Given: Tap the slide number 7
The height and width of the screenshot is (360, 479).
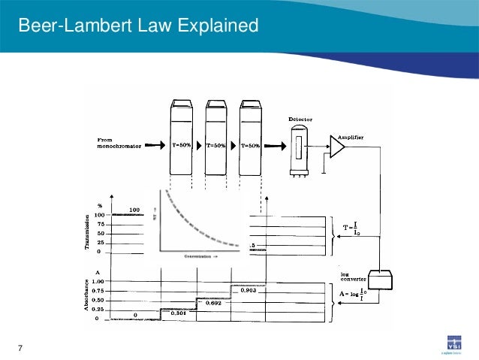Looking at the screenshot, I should [x=20, y=346].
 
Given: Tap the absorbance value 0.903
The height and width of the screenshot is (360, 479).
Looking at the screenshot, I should [x=249, y=289].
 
